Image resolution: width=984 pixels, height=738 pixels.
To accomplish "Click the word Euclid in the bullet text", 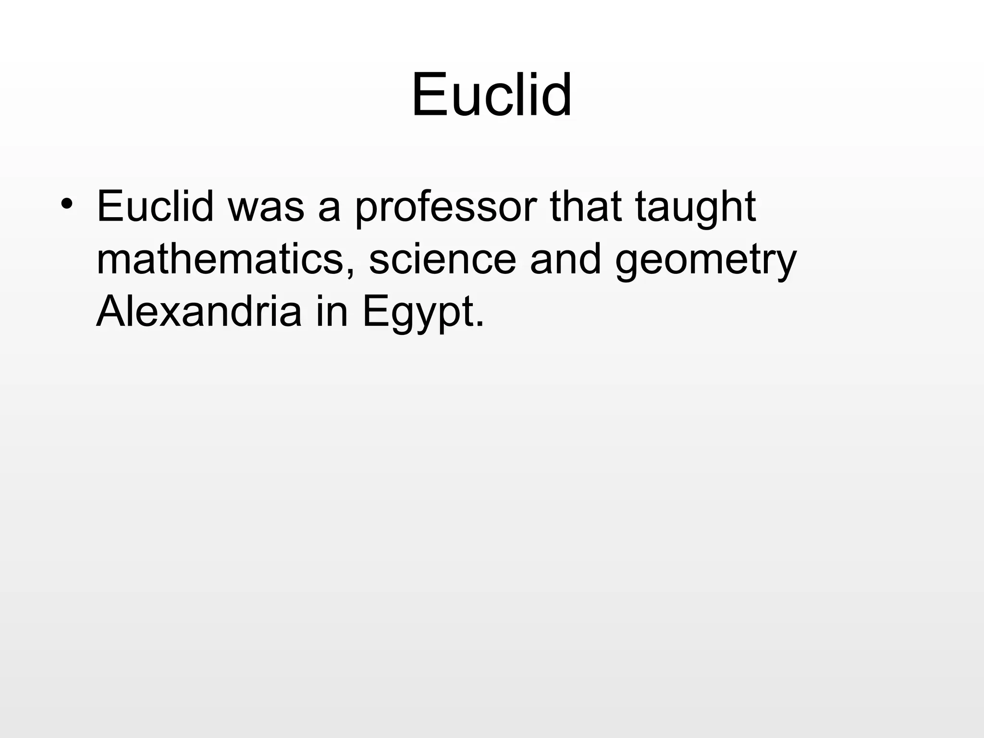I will [155, 207].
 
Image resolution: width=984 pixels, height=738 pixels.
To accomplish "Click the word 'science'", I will [442, 259].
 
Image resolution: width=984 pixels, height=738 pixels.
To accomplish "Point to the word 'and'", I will [565, 259].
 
